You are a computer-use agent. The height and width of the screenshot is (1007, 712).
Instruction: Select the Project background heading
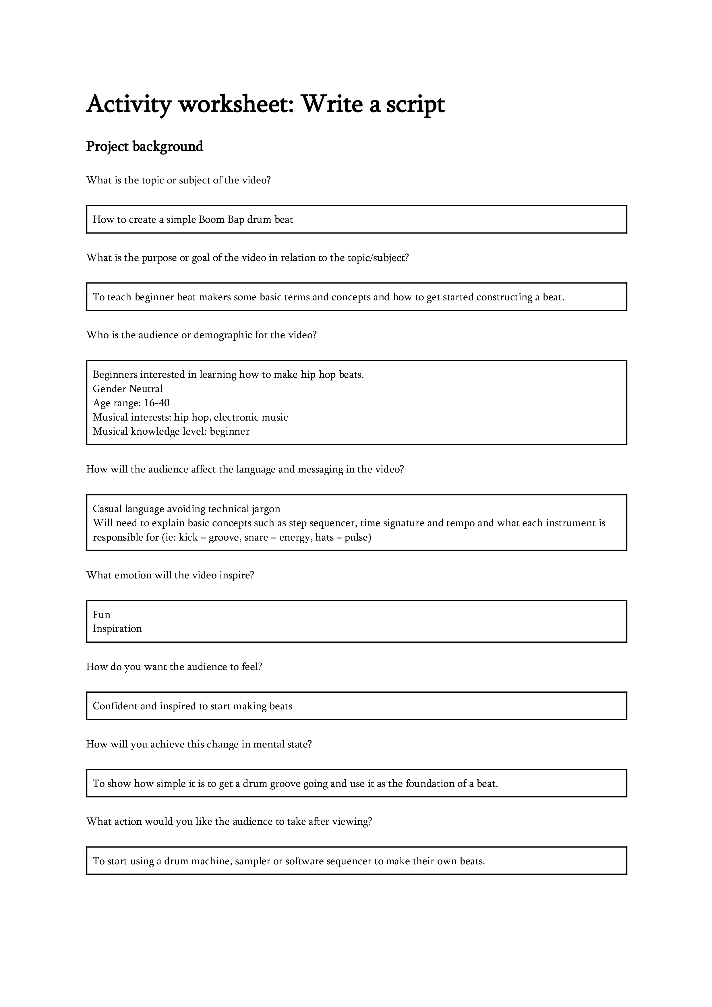tap(144, 146)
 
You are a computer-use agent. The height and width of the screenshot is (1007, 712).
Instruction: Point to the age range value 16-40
tap(157, 403)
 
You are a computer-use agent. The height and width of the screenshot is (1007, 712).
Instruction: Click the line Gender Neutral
tap(128, 389)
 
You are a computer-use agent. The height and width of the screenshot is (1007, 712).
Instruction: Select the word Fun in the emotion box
tap(101, 615)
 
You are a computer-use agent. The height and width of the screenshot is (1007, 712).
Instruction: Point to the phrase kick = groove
tap(209, 537)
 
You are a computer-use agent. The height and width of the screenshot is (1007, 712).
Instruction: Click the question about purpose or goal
tap(247, 258)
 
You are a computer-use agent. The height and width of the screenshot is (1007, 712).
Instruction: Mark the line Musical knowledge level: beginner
tap(171, 431)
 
